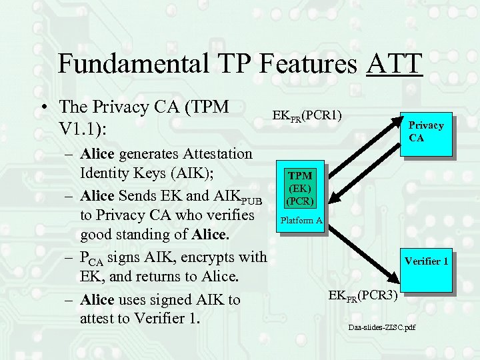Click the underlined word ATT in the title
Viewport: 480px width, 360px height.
394,63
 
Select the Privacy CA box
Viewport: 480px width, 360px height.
426,131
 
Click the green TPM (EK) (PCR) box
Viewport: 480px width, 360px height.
299,187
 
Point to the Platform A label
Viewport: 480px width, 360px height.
301,221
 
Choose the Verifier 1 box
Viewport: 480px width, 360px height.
425,261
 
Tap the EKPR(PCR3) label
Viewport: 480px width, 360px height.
363,295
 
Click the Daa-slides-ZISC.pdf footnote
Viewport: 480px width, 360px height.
382,328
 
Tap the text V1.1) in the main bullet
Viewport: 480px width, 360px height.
83,126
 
